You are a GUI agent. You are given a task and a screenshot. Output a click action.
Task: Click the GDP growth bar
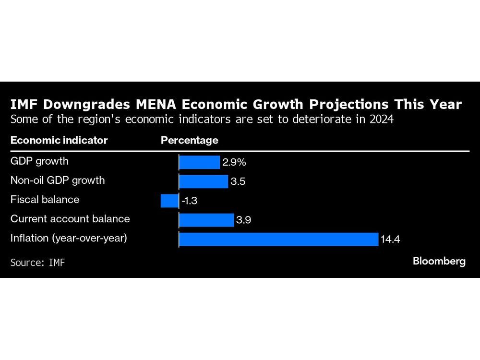(199, 162)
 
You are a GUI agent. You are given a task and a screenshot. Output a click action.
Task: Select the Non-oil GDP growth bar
(204, 181)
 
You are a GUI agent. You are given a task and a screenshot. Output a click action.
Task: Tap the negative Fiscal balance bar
(169, 201)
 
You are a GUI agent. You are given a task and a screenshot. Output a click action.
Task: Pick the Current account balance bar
(206, 220)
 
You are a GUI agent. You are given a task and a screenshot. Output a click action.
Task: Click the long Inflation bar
(278, 239)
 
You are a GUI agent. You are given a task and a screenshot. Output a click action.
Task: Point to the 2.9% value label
(234, 163)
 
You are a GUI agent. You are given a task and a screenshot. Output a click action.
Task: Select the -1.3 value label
(189, 201)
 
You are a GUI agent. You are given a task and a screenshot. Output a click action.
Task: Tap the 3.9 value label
(244, 220)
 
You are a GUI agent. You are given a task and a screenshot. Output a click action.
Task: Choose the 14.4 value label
(390, 240)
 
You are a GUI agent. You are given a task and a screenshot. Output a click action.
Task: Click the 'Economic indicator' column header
(59, 140)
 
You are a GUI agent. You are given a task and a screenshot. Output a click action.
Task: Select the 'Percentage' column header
(189, 140)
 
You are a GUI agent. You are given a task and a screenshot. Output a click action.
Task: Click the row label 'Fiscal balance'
(45, 199)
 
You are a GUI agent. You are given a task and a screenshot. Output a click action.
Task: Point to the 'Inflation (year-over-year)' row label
(69, 238)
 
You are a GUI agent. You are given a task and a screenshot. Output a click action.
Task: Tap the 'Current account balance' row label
(70, 218)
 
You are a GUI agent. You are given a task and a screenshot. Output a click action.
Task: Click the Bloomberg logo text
(439, 261)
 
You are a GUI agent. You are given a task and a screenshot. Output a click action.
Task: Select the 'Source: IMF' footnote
(37, 263)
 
